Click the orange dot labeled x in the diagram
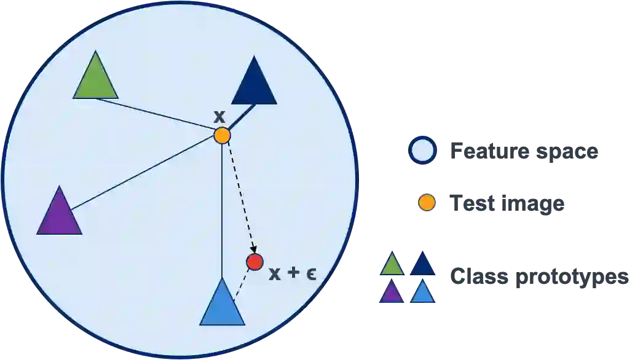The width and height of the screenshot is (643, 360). (222, 135)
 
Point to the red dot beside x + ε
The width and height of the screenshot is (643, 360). (254, 262)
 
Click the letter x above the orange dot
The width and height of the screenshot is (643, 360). (219, 115)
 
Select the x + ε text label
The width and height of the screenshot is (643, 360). (293, 273)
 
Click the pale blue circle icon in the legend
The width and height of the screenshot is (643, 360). (422, 151)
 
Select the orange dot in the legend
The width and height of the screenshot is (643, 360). (427, 202)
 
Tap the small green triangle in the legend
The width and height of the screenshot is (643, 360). (392, 265)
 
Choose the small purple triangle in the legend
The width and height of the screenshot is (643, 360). (391, 292)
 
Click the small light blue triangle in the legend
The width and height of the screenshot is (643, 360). (423, 292)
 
